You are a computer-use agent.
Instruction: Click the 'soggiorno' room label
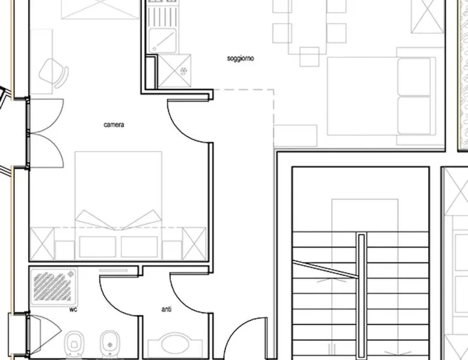coord(240,58)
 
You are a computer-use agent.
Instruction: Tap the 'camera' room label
coord(114,124)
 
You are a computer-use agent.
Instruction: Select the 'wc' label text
coord(73,310)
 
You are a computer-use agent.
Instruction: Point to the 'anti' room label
coord(167,310)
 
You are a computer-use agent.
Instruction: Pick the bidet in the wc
coord(110,344)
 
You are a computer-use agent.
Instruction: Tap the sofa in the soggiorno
coord(414,96)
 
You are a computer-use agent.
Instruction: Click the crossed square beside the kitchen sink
coord(174,71)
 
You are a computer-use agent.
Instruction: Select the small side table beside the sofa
coord(295,136)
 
